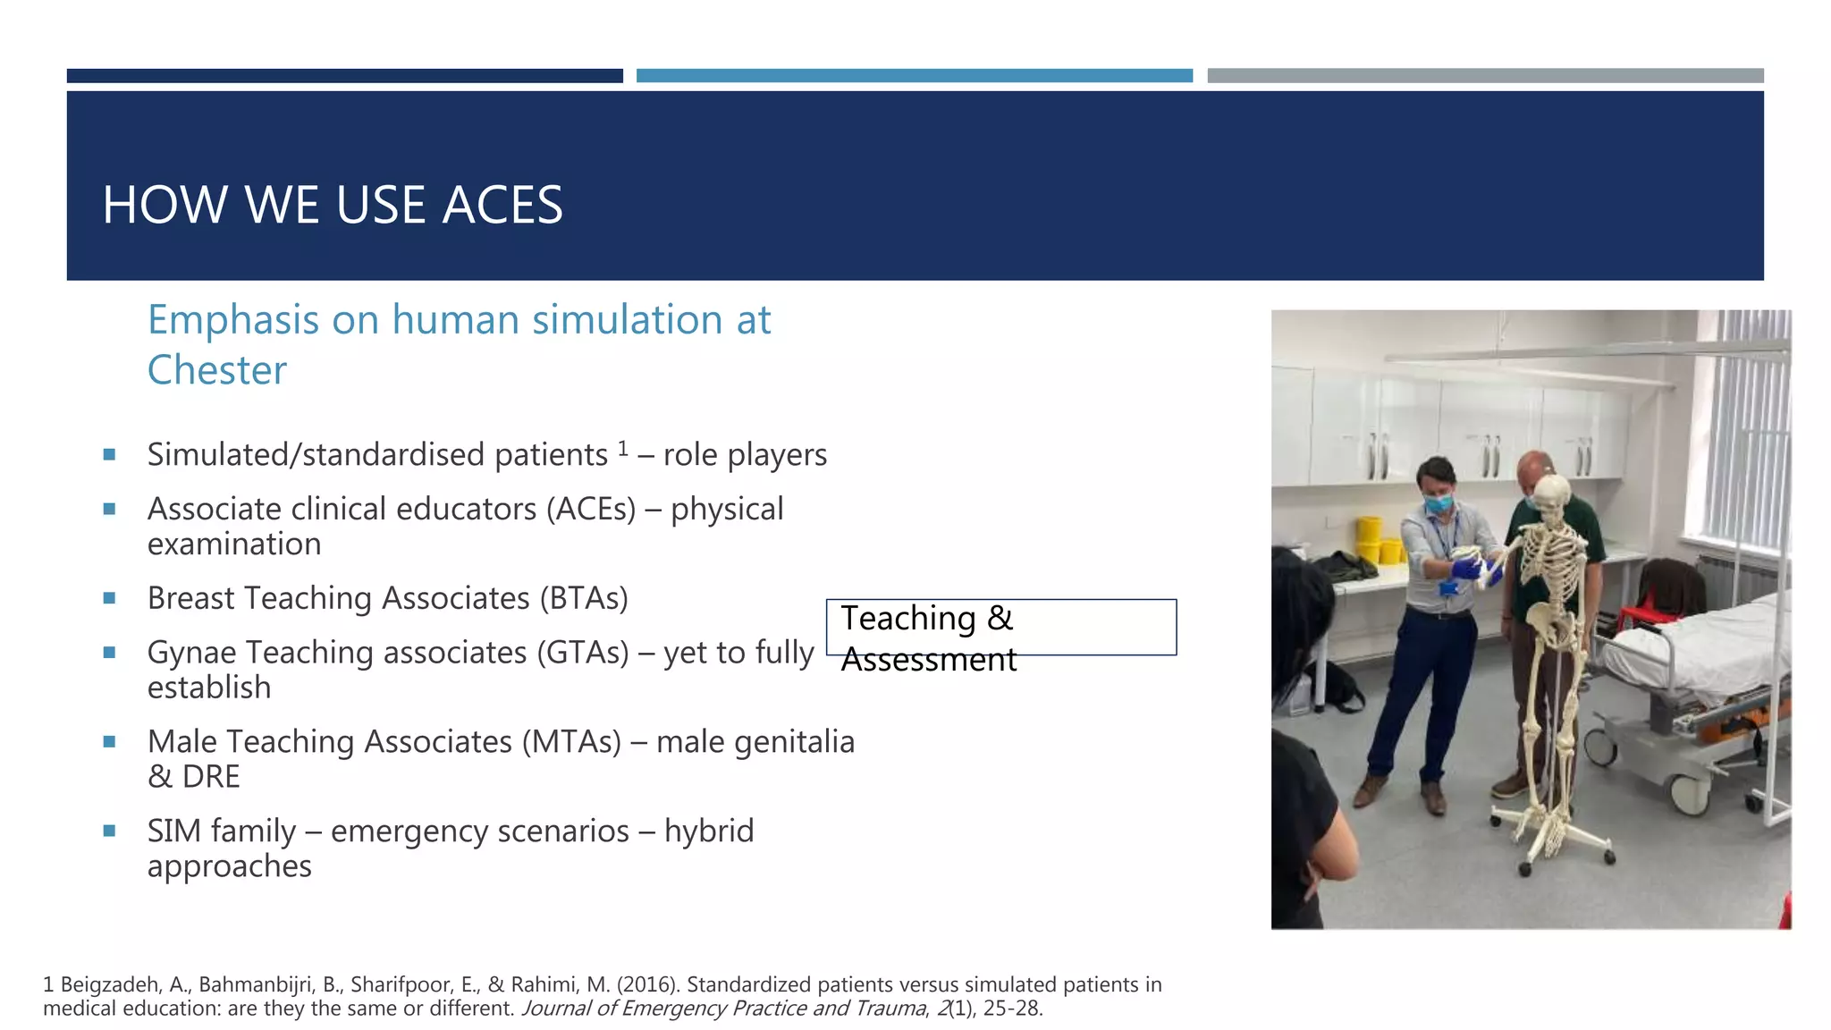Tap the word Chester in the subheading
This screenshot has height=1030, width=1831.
pos(217,370)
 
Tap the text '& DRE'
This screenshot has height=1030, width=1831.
pos(193,777)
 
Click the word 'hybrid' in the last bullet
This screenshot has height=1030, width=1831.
pos(709,832)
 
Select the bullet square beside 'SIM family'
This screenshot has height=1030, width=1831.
pos(109,831)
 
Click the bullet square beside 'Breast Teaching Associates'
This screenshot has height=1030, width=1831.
pos(109,598)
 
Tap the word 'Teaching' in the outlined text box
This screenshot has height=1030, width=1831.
pos(908,618)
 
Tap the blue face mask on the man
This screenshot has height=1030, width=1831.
pos(1439,503)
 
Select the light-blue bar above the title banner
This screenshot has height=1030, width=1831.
pos(914,76)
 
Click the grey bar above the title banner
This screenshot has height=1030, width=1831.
pos(1485,76)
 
